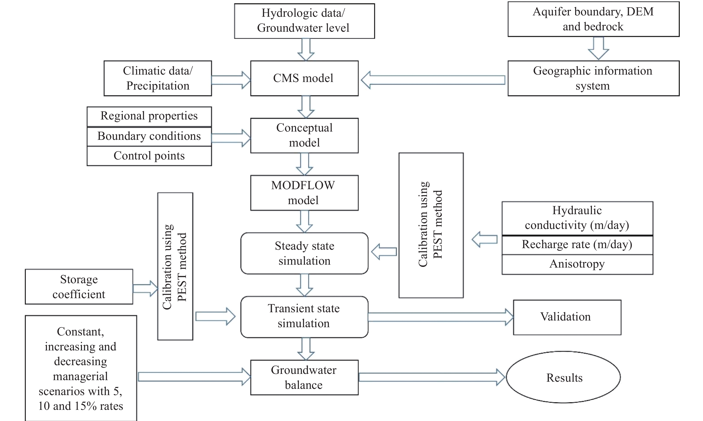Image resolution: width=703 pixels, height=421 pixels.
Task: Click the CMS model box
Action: point(304,78)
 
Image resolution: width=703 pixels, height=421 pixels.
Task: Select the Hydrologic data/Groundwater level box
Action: point(304,21)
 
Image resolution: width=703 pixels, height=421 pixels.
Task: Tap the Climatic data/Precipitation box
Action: point(158,78)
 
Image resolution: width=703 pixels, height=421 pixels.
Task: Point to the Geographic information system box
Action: point(593,78)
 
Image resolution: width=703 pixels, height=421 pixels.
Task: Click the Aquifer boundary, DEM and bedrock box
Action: point(593,19)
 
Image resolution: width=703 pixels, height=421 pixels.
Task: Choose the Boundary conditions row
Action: point(149,136)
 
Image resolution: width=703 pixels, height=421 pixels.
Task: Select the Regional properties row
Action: point(149,116)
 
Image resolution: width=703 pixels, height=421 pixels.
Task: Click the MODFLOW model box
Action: point(304,193)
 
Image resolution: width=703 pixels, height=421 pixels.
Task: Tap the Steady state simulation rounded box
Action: point(304,253)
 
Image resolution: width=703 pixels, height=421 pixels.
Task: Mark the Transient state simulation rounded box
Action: point(304,317)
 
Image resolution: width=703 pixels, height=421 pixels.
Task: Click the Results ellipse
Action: point(563,377)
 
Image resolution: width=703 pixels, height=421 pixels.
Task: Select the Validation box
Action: point(567,317)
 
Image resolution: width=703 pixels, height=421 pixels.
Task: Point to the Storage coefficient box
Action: point(79,287)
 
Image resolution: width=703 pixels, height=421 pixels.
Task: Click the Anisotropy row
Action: point(577,264)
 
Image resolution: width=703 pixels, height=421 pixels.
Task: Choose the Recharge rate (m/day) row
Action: point(577,245)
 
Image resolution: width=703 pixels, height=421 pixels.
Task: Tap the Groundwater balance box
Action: point(304,378)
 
